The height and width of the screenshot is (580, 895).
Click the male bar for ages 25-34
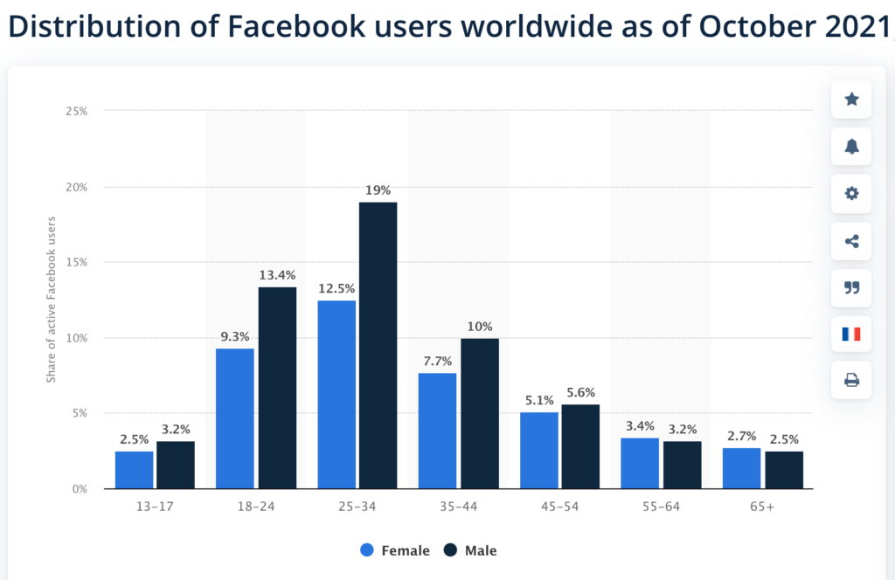coord(378,345)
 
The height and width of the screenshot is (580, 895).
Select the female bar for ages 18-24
coord(235,418)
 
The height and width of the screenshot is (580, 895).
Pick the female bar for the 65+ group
coord(742,468)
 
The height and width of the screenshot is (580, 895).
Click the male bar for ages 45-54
coord(580,446)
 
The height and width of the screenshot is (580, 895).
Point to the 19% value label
coord(378,190)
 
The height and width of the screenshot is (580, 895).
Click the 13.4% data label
coord(277,275)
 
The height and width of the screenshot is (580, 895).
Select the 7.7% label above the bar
coord(438,361)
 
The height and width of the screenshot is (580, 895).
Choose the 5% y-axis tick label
coord(79,413)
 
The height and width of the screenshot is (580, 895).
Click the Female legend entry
coord(394,550)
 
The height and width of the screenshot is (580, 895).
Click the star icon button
coord(851,100)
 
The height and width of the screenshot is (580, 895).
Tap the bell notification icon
coord(851,147)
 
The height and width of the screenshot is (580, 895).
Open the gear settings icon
coord(851,193)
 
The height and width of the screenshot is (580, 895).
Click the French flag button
coord(851,334)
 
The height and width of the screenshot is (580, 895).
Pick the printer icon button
coord(851,380)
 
